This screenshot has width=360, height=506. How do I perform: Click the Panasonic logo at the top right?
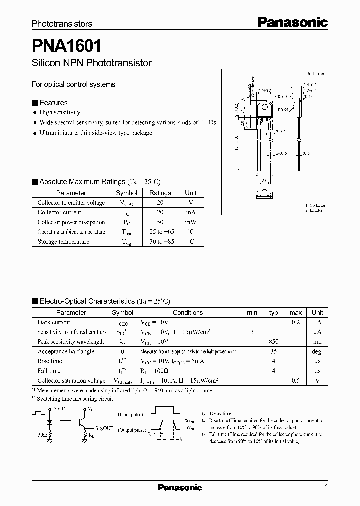click(292, 22)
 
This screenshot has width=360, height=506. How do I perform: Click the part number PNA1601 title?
click(67, 46)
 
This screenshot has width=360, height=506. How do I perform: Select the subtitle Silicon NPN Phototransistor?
click(91, 63)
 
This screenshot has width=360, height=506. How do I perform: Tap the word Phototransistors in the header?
click(62, 24)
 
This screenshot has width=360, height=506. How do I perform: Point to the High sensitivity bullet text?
click(60, 113)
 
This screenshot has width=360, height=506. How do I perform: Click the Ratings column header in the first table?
click(160, 193)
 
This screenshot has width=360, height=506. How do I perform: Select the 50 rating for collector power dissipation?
click(160, 222)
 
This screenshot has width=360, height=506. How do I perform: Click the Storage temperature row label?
click(63, 242)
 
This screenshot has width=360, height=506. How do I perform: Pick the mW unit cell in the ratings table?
click(190, 222)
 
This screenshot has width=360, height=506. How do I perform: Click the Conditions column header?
click(188, 313)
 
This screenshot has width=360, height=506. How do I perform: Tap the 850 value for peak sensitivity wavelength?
click(273, 342)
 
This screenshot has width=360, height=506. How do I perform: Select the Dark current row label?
click(54, 322)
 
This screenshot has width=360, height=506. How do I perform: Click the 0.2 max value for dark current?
click(295, 322)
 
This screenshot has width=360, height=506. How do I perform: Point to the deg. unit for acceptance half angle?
click(317, 351)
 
